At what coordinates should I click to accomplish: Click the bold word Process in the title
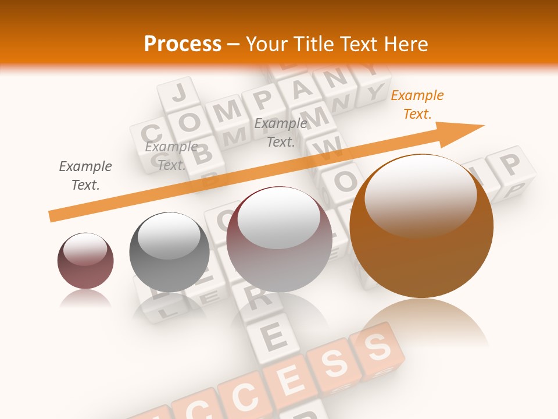(183, 44)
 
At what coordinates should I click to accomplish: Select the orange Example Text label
(417, 105)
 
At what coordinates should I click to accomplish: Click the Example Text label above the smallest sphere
(85, 176)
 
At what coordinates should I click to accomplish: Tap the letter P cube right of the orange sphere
(510, 166)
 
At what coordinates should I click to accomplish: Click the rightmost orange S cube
(378, 349)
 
